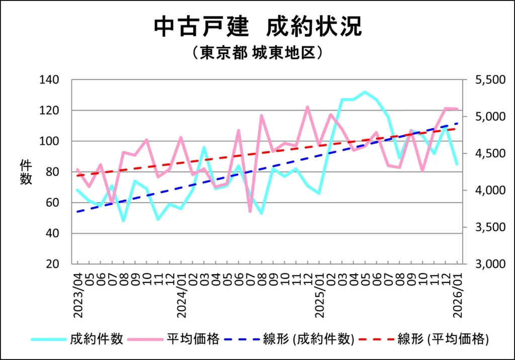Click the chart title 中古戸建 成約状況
257,27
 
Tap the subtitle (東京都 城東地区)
257,53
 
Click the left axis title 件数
26,172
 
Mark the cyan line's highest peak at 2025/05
365,92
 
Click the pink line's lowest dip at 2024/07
250,212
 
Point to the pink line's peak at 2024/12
307,107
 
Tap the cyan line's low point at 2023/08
123,221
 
